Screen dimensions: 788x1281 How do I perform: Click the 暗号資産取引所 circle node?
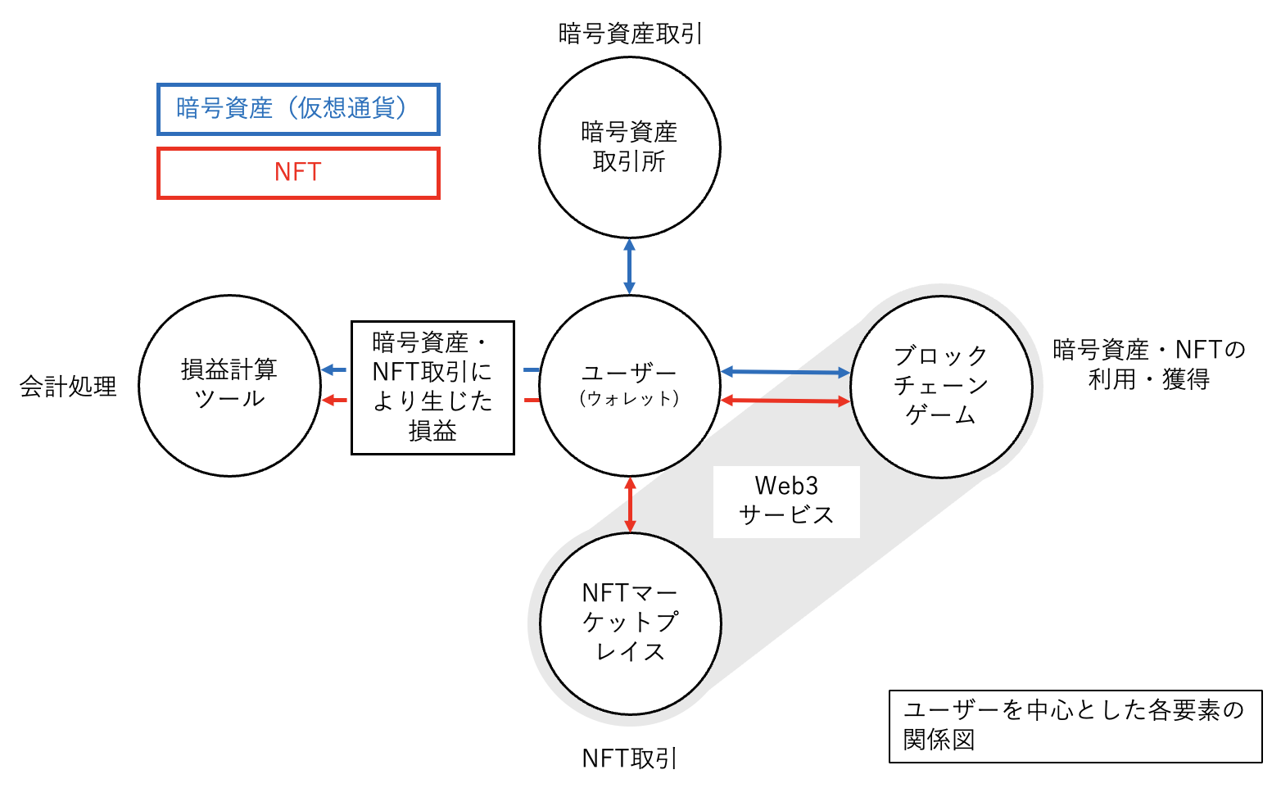tap(629, 147)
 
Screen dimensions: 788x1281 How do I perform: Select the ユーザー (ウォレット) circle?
tap(629, 385)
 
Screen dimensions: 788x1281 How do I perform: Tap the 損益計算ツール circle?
tap(229, 385)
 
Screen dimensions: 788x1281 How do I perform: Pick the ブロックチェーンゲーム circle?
tap(941, 387)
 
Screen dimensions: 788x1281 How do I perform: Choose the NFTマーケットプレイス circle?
tap(630, 623)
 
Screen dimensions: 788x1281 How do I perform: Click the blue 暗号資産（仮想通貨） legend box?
tap(298, 109)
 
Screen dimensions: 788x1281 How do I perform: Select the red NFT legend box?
tap(298, 173)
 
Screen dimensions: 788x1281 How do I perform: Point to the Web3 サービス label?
tap(786, 501)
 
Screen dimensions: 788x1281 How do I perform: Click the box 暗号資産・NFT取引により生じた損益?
tap(432, 387)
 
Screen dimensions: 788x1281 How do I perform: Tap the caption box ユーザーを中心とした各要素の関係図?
tap(1075, 726)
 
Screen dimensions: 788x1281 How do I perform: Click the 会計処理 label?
tap(69, 387)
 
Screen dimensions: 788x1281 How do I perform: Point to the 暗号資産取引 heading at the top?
tap(630, 34)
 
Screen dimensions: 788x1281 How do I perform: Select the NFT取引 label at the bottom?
tap(629, 759)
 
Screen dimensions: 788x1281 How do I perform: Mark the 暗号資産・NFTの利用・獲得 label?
tap(1148, 365)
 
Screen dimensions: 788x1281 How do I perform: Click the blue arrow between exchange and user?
tap(629, 266)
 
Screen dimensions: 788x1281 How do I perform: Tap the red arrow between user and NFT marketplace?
tap(630, 505)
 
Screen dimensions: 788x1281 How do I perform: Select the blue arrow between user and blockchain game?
tap(785, 373)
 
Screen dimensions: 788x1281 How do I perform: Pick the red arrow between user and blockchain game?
tap(785, 401)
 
